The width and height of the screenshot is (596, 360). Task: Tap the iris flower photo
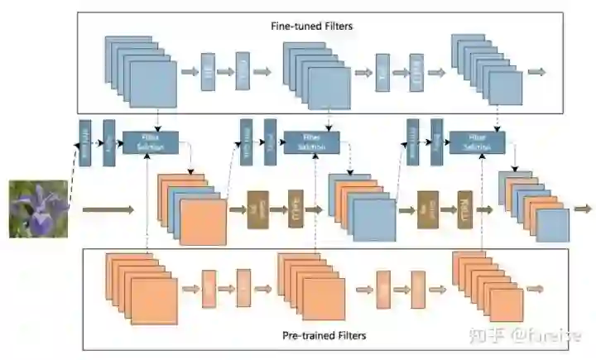coord(38,209)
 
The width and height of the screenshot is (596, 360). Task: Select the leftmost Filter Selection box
coord(145,142)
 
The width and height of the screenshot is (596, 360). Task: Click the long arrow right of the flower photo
coord(108,210)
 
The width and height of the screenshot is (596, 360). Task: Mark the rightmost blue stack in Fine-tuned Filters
coord(488,72)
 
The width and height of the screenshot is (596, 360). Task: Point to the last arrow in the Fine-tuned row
coord(536,72)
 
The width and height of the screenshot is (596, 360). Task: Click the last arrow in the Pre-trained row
coord(536,289)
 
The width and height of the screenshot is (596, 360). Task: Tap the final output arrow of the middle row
coord(583,209)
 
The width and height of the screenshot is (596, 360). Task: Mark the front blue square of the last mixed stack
coord(552,225)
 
